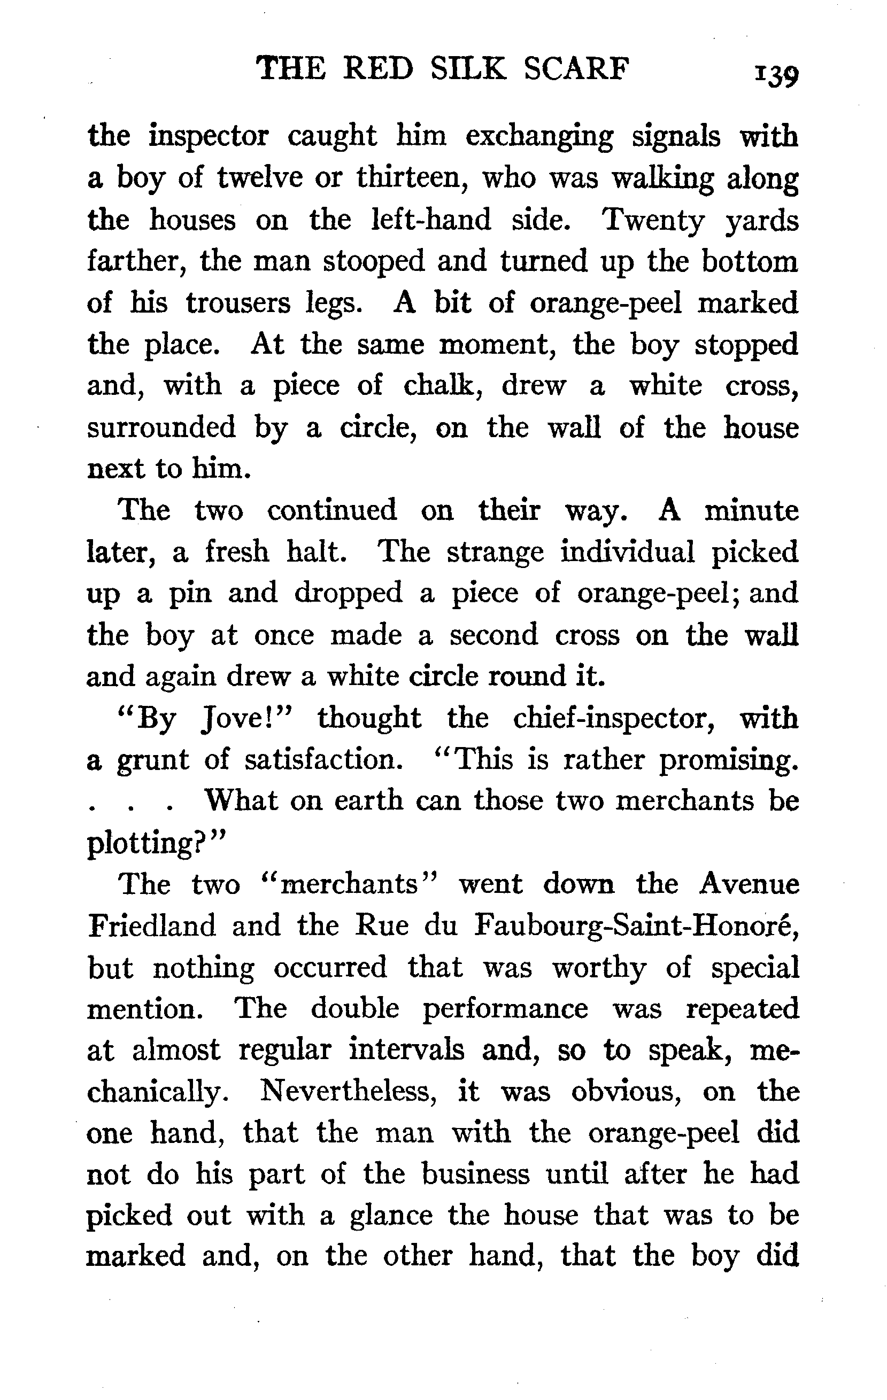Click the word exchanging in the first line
pos(539,137)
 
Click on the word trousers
pos(238,303)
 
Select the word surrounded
pos(161,427)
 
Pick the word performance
pos(505,1009)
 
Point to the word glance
pos(391,1216)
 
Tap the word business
pos(475,1174)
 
